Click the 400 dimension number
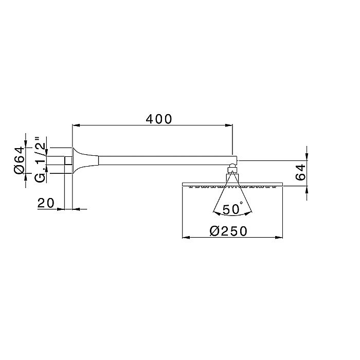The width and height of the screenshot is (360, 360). coord(158,119)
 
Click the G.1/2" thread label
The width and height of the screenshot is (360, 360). coord(40,159)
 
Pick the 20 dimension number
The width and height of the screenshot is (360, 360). coord(46,203)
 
